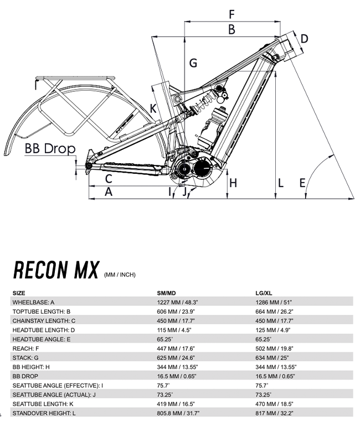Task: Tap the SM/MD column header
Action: pyautogui.click(x=167, y=293)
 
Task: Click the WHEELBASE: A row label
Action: pyautogui.click(x=34, y=302)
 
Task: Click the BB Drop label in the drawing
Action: pyautogui.click(x=49, y=149)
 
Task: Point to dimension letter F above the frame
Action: pyautogui.click(x=232, y=14)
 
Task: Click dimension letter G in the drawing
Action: pyautogui.click(x=193, y=63)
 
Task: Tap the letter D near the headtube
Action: pyautogui.click(x=304, y=39)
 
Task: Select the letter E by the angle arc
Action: pyautogui.click(x=302, y=183)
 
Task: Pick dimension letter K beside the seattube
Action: pyautogui.click(x=153, y=108)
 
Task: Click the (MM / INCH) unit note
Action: pyautogui.click(x=120, y=274)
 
